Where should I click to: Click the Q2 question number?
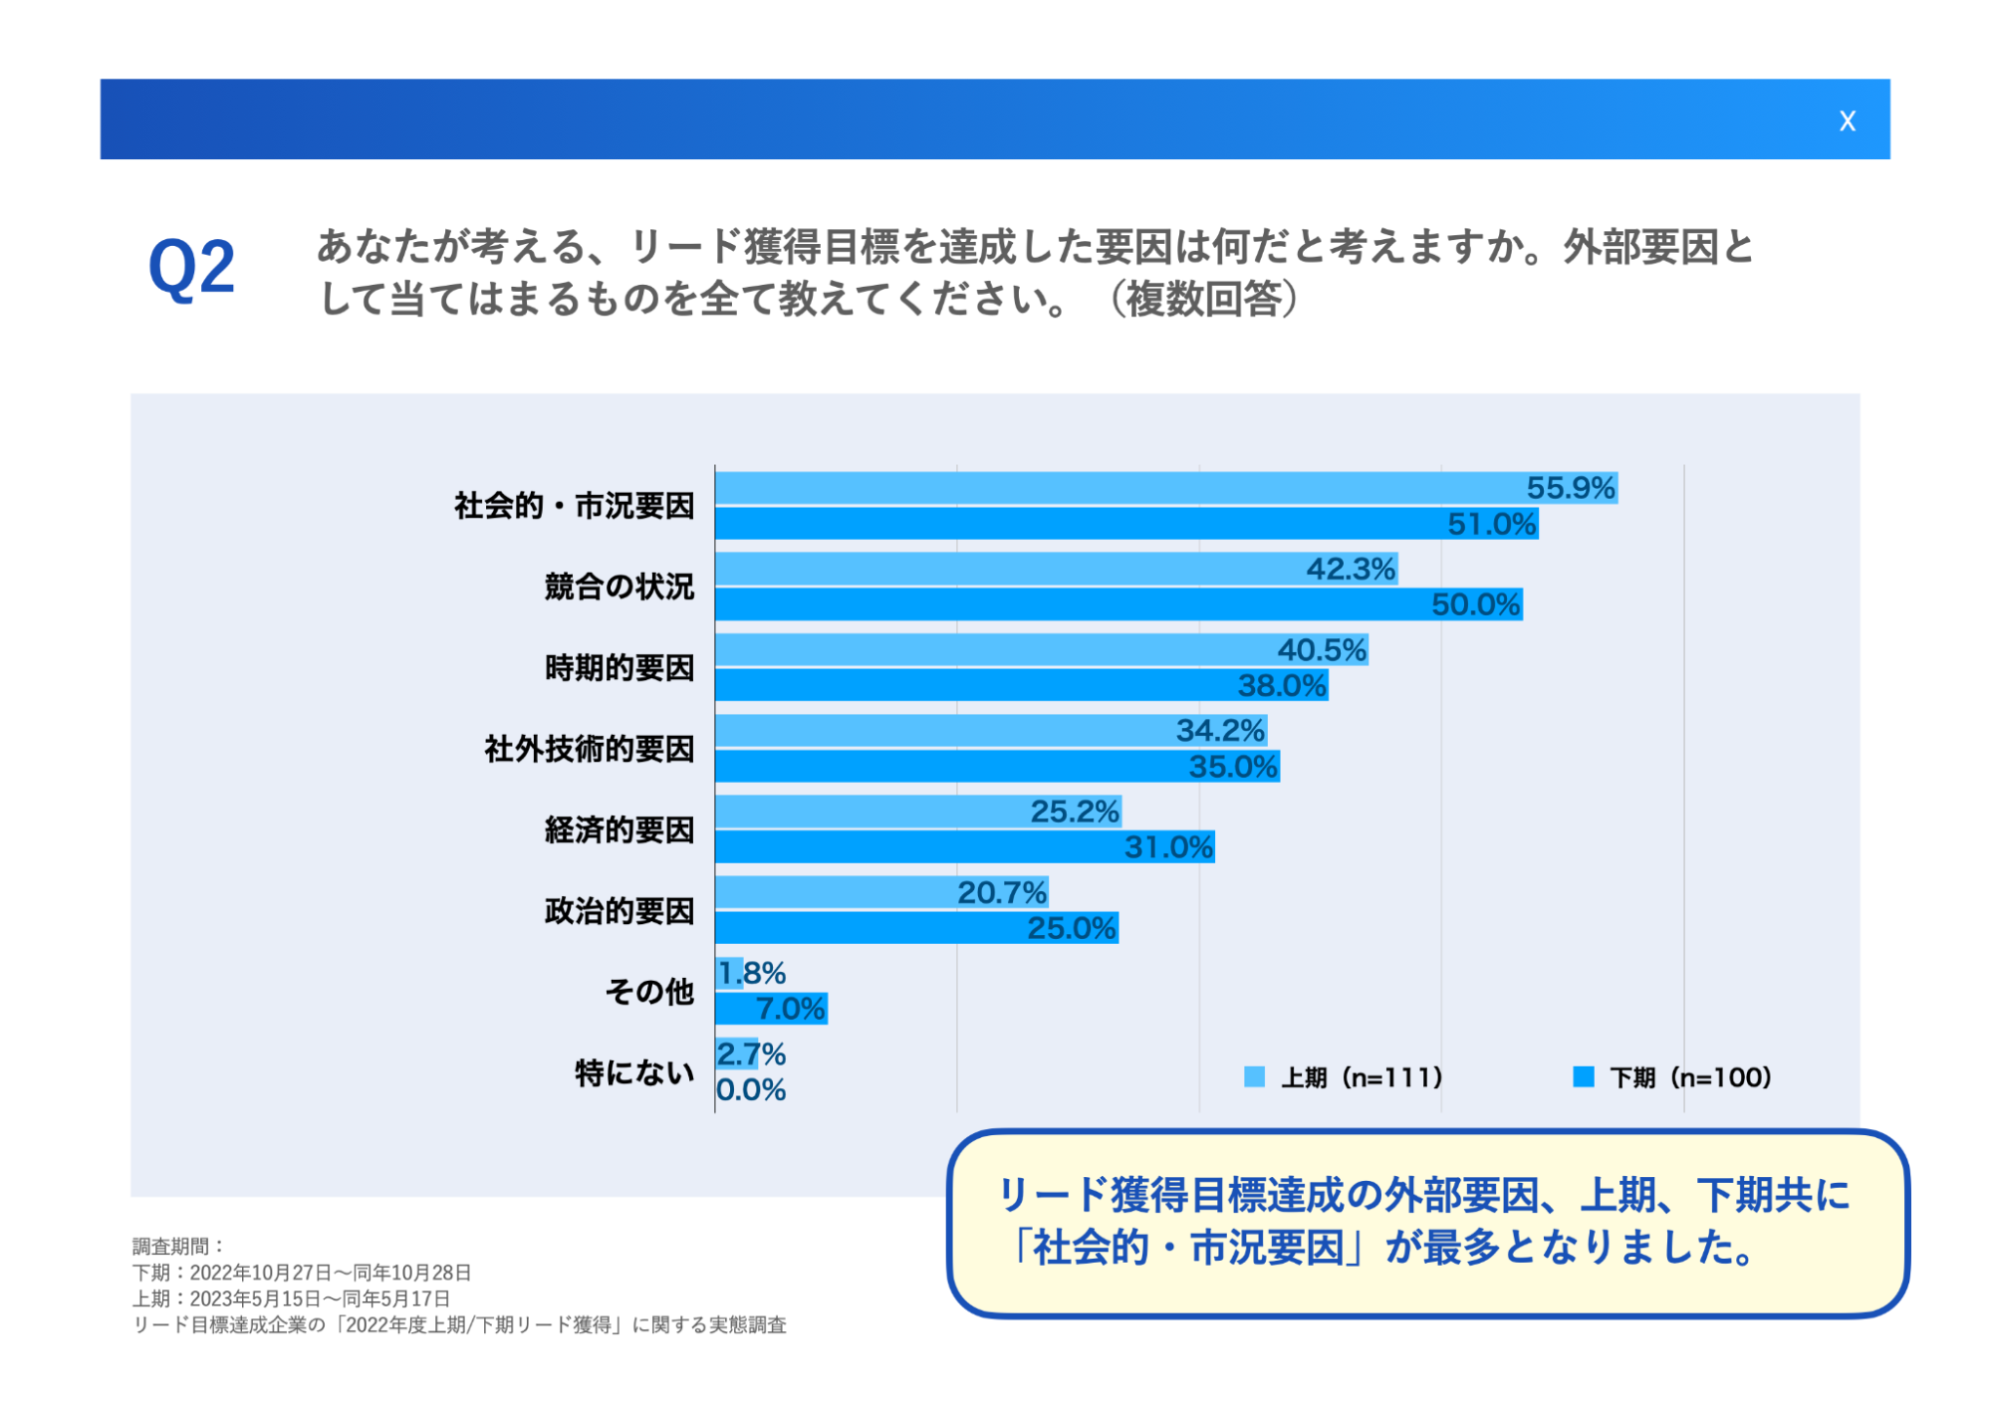pos(191,268)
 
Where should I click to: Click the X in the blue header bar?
pos(1847,121)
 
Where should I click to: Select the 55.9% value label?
pos(1570,488)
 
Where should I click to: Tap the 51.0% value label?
pos(1491,524)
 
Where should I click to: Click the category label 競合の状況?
pos(619,587)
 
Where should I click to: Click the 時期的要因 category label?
pos(619,667)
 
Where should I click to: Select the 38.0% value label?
pos(1282,685)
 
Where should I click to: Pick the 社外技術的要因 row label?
pos(589,749)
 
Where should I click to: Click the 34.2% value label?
pos(1220,731)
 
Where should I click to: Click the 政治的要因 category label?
pos(619,910)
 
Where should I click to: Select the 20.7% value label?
pos(1001,892)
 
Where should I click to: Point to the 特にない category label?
pos(633,1072)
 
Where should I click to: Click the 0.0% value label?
pos(751,1090)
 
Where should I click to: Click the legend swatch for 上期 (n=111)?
pos(1254,1076)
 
